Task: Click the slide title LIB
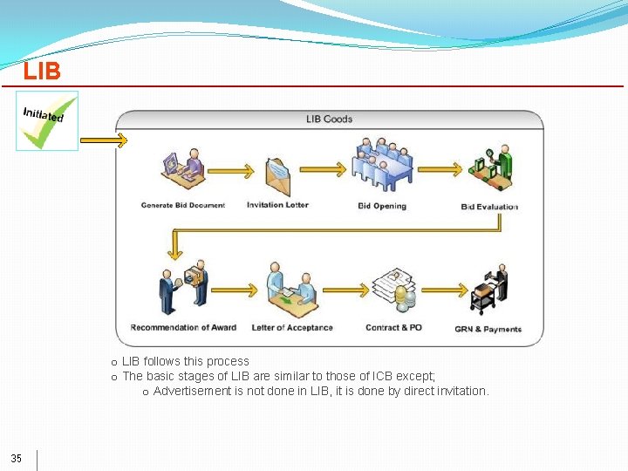coord(42,72)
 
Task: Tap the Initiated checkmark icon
coord(47,121)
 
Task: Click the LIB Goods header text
coord(329,119)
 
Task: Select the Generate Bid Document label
coord(183,206)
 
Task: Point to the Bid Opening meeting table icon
coord(382,167)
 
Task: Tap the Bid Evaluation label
coord(489,207)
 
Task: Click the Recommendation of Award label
coord(183,328)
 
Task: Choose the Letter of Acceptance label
coord(292,328)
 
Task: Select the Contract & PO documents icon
coord(394,289)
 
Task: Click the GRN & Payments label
coord(488,330)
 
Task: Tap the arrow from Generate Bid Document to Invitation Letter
coord(235,169)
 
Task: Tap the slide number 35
coord(17,459)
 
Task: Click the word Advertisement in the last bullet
coord(192,391)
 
